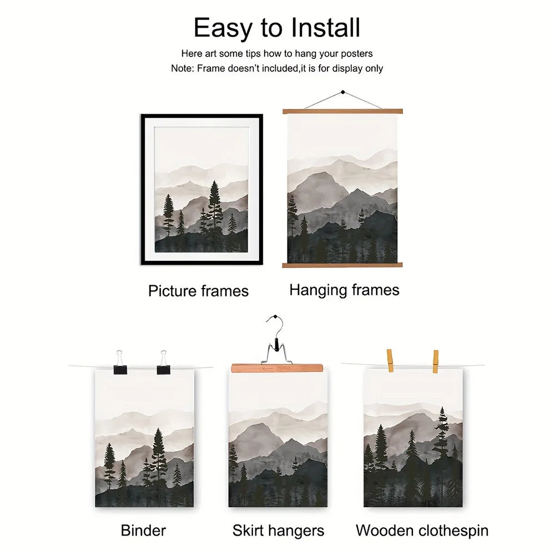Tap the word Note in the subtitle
click(182, 68)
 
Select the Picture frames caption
click(198, 291)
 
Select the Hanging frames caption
click(344, 290)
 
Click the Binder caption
click(143, 531)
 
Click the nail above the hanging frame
click(342, 92)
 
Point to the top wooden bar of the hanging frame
click(342, 112)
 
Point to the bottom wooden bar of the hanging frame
click(342, 265)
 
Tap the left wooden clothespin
click(390, 361)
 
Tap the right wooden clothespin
click(435, 361)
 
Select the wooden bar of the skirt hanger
click(277, 368)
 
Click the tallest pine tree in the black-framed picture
click(215, 209)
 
